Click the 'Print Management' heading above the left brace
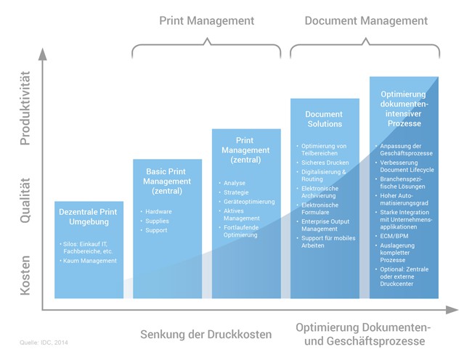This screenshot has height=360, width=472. [x=206, y=21]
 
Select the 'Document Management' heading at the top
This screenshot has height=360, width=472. [x=366, y=21]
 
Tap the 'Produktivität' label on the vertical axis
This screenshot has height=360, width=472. [x=25, y=108]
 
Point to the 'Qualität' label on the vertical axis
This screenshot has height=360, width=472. [x=25, y=200]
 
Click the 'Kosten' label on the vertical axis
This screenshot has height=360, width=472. [x=25, y=275]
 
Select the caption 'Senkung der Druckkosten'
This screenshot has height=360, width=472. [x=206, y=335]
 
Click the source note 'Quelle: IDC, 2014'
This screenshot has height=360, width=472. [x=44, y=343]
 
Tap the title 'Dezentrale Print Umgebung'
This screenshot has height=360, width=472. [x=88, y=217]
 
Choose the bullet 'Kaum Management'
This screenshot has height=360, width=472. [x=90, y=261]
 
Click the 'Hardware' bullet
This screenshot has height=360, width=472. [x=158, y=212]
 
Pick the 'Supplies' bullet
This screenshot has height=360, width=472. [x=157, y=221]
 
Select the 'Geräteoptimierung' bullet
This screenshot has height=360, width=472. [x=249, y=202]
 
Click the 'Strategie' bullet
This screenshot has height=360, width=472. [x=236, y=192]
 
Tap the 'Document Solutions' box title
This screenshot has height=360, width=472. [x=325, y=119]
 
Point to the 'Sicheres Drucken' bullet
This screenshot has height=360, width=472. [x=325, y=163]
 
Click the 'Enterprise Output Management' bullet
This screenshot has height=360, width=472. [x=325, y=225]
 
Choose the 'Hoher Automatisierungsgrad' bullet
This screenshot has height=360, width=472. [x=404, y=200]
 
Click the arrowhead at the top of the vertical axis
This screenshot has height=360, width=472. [x=43, y=54]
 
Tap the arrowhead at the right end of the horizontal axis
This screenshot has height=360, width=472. [x=452, y=310]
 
